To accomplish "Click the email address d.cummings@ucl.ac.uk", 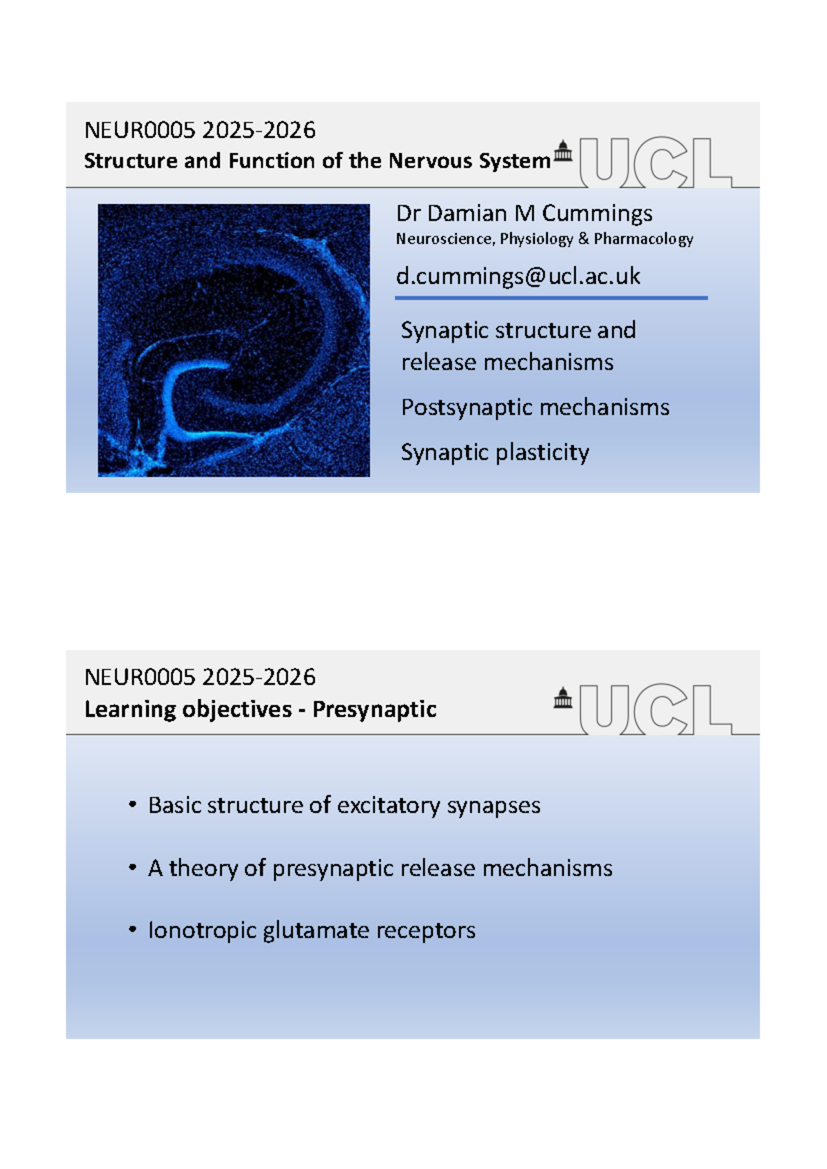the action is pos(518,276).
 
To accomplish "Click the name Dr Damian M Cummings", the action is pos(524,214).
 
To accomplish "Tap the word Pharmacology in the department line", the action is pos(644,239).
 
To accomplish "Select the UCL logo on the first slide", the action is pos(656,162).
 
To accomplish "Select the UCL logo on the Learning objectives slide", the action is pos(656,709).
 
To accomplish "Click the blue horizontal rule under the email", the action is pos(551,298).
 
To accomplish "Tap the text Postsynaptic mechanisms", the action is pos(535,407).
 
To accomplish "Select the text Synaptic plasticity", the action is pos(495,452).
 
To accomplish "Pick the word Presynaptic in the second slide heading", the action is pos(374,709).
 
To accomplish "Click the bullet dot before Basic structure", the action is pos(132,805).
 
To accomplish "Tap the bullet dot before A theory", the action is pos(132,868).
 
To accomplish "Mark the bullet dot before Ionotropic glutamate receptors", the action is pos(132,929).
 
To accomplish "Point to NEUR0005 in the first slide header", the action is pos(140,130).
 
